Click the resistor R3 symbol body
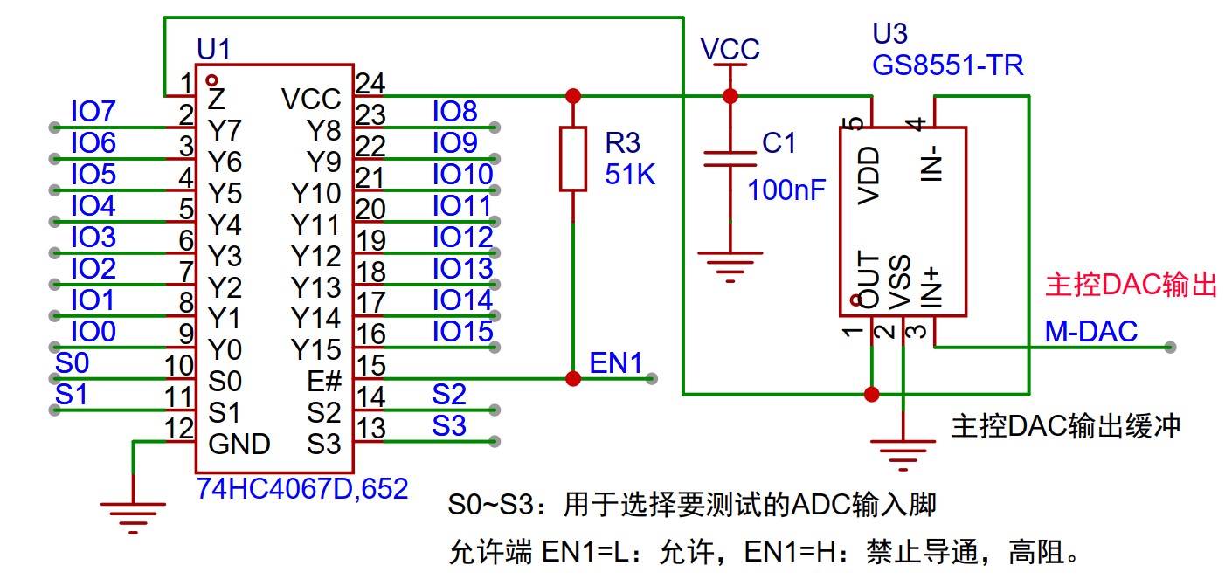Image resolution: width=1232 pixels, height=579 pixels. pos(572,158)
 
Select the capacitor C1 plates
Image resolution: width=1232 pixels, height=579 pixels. pos(730,158)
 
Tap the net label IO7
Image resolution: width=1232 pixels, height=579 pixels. pos(93,112)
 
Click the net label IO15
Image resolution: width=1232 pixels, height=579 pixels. pos(462,332)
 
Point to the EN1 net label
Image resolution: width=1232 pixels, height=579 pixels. pos(616,363)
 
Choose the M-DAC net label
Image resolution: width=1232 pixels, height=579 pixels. pos(1091,332)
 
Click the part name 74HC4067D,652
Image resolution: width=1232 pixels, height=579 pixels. pos(303,489)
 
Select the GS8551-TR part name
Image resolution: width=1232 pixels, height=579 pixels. pos(947,65)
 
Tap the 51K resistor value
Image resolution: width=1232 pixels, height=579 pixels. pos(630,175)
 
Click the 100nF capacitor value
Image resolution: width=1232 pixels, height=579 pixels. pos(786,190)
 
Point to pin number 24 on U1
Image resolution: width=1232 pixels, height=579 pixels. pos(370,83)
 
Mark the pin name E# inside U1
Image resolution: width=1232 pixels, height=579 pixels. pos(323,382)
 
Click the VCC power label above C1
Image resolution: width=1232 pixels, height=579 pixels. pos(730,50)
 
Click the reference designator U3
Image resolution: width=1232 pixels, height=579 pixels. pos(889,35)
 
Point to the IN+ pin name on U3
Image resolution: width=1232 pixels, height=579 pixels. pos(933,288)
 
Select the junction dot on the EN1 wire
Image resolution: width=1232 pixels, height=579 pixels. pos(572,378)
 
